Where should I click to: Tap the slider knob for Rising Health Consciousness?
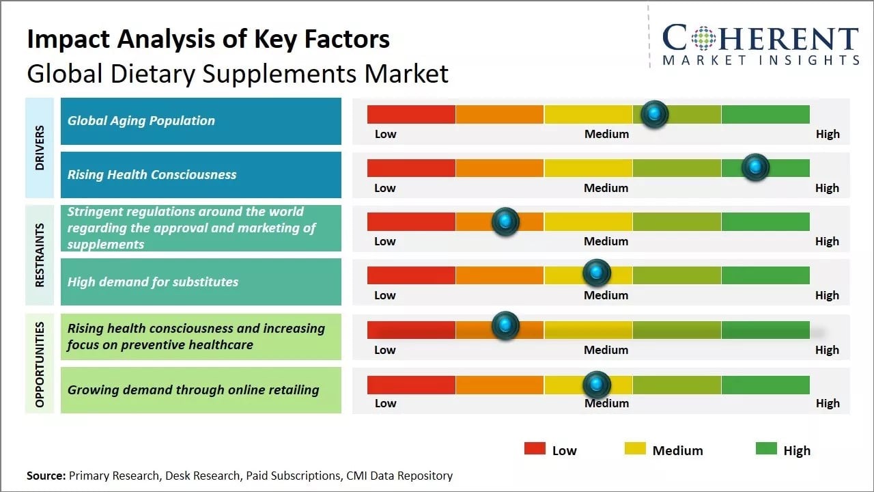coord(755,167)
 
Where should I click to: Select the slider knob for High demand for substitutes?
coord(597,273)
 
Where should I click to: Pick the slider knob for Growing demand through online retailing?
coord(597,385)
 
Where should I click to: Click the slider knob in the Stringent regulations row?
coord(505,221)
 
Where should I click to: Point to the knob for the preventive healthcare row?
coord(505,325)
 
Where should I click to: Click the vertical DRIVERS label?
coord(40,148)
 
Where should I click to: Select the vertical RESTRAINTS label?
coord(40,255)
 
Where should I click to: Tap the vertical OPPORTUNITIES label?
coord(40,364)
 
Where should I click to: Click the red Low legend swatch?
coord(535,448)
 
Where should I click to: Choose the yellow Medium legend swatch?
coord(635,448)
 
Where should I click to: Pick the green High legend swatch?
coord(766,448)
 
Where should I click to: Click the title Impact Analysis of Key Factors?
coord(208,39)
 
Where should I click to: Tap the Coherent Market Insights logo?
coord(760,44)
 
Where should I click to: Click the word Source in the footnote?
coord(46,475)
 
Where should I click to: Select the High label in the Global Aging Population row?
coord(828,134)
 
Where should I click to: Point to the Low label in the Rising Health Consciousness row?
coord(385,188)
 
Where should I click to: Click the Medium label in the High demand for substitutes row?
coord(606,295)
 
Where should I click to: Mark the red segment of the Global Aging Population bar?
coord(411,114)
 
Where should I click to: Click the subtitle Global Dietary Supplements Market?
coord(238,73)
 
